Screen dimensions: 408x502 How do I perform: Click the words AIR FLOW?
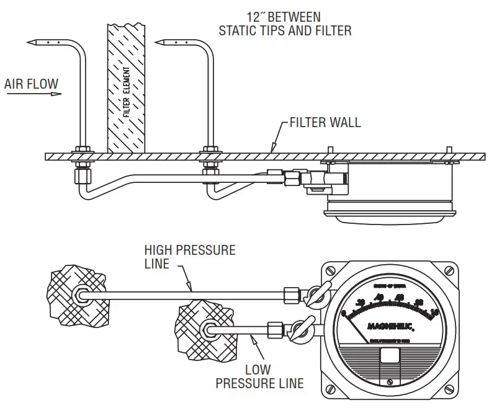pos(31,82)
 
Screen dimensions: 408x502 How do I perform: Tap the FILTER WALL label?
pos(325,122)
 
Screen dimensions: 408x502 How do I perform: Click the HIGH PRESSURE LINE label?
pos(190,257)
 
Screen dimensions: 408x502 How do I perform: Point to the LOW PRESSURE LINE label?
pos(259,375)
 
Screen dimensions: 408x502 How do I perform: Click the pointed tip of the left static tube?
pos(29,42)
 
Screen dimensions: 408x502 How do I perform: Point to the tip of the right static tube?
pos(158,42)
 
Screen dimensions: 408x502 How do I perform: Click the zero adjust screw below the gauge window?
pos(389,382)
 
